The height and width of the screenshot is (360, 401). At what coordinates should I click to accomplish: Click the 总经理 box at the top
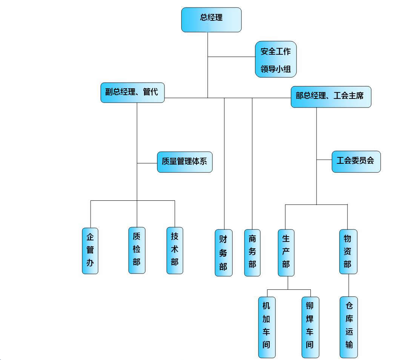pos(211,20)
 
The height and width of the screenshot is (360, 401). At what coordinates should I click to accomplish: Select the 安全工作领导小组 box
pos(276,59)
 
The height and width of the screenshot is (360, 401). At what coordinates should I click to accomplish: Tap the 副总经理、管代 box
pos(132,92)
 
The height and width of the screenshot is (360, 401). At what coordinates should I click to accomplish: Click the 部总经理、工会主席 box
pos(331,97)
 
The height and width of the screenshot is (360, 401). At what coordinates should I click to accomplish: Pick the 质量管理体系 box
pos(184,162)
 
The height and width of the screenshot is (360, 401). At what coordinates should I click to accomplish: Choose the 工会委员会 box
pos(356,162)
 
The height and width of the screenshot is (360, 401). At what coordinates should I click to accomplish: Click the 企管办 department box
pos(90,251)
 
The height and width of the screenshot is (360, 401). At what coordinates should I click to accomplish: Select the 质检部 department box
pos(137,250)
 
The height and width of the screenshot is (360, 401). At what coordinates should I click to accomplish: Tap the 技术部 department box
pos(175,250)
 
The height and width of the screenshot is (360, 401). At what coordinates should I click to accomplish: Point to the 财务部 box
pos(224,252)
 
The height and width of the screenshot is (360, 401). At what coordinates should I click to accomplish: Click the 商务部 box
pos(252,252)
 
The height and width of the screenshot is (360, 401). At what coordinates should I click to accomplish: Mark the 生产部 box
pos(286,252)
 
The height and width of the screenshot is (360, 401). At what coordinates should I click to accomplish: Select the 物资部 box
pos(348,251)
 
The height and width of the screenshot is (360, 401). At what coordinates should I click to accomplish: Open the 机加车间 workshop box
pos(267,327)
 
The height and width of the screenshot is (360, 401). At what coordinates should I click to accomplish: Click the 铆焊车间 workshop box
pos(310,327)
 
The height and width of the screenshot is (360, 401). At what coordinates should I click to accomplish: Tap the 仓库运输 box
pos(349,327)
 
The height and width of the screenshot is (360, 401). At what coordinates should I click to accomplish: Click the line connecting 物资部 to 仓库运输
pos(349,285)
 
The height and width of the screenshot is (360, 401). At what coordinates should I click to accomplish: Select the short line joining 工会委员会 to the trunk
pos(324,160)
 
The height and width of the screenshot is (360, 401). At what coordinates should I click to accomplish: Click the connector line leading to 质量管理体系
pos(147,163)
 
